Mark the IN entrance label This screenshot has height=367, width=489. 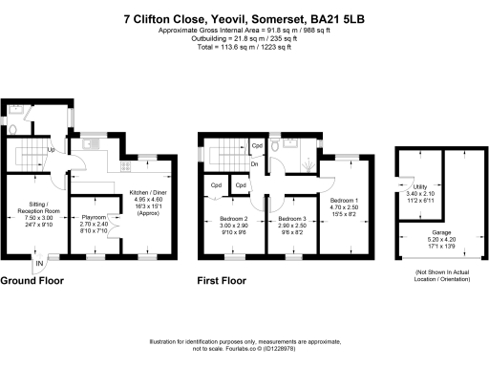coord(39,263)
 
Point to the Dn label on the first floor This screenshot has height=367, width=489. coord(254,164)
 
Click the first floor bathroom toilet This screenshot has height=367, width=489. coord(274,147)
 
